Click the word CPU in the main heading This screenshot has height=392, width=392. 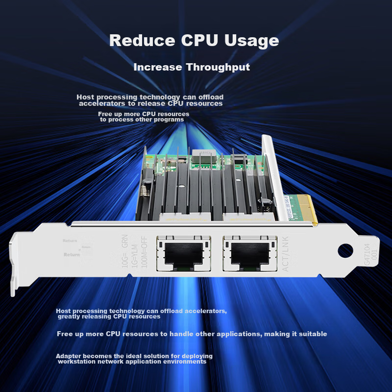[x=192, y=40]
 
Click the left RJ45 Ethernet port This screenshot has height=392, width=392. [x=182, y=253]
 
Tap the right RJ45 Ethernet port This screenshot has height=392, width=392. [x=248, y=253]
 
